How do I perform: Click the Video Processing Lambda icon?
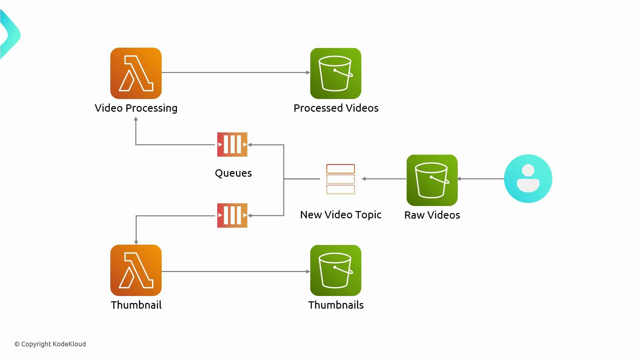[x=136, y=73]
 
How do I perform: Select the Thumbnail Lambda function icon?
[x=136, y=270]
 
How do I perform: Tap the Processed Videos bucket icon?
[x=336, y=73]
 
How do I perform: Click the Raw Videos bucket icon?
[x=432, y=180]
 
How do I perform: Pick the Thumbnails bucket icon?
[x=336, y=270]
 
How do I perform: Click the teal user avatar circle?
[x=528, y=179]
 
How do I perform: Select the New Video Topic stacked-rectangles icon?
[x=340, y=179]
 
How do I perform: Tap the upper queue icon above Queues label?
[x=232, y=144]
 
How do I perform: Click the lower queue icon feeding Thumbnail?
[x=232, y=215]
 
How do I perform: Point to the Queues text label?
[x=233, y=173]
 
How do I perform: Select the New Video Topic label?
[x=341, y=215]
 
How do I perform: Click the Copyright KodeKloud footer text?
[x=50, y=344]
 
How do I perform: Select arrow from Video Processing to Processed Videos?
[x=235, y=72]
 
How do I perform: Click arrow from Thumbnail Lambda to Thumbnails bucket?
[x=235, y=271]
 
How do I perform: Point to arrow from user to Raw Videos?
[x=481, y=179]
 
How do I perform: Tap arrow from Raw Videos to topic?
[x=384, y=179]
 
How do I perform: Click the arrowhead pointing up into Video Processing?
[x=136, y=119]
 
